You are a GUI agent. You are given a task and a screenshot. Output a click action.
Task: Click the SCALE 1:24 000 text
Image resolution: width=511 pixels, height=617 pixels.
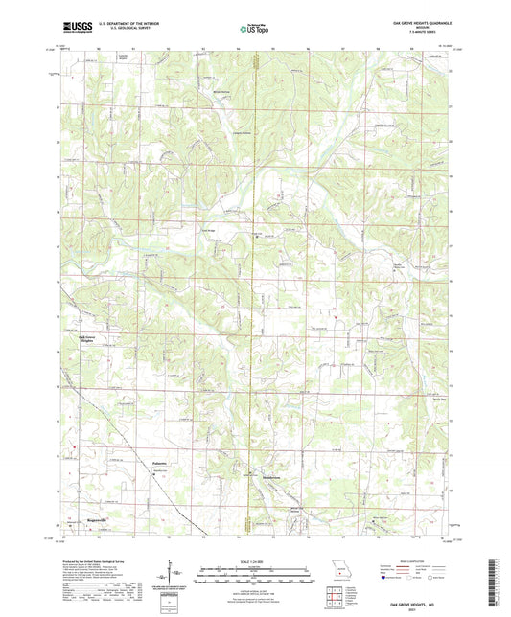point(255,561)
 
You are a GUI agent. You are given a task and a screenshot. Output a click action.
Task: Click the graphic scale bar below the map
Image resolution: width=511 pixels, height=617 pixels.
point(255,572)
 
